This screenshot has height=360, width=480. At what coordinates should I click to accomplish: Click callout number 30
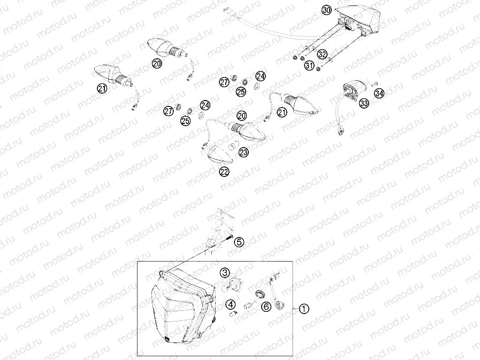click(326, 10)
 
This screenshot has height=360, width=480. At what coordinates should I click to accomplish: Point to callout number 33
click(364, 104)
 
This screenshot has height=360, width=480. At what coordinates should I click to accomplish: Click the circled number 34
click(379, 94)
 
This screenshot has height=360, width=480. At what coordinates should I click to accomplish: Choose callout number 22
click(224, 171)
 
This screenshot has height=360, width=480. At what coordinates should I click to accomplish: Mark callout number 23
click(244, 153)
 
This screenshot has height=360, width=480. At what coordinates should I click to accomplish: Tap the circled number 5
click(239, 242)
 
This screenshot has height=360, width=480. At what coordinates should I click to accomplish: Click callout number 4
click(231, 305)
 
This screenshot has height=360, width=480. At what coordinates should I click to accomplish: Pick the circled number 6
click(265, 307)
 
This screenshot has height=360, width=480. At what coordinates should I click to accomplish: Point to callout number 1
click(303, 309)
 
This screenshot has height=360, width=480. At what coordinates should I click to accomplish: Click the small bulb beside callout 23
click(232, 147)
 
